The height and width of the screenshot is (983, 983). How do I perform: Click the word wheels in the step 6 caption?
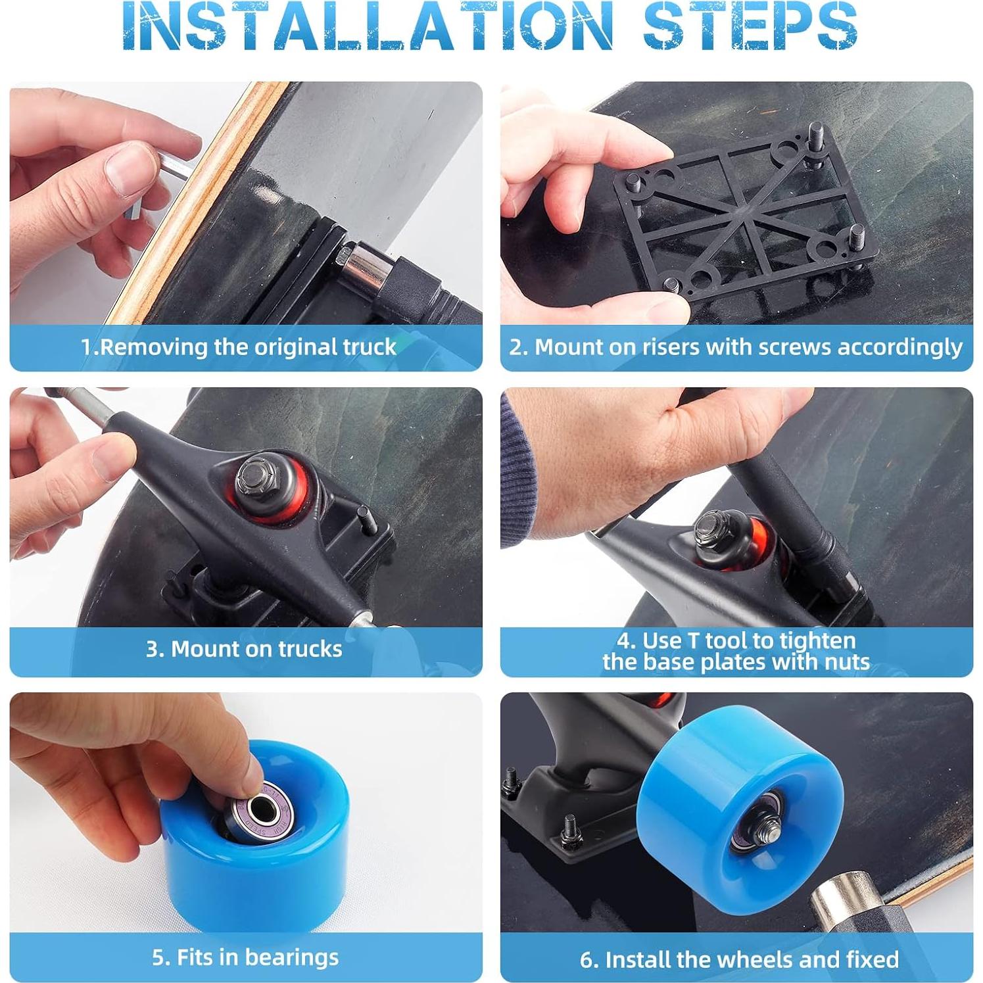click(755, 959)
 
